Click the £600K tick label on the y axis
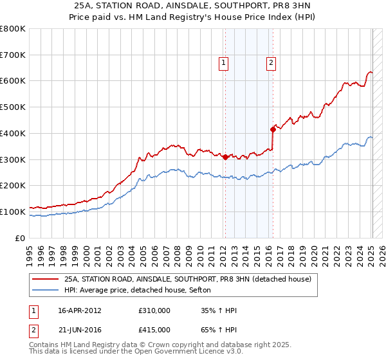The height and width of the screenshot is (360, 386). (x=13, y=81)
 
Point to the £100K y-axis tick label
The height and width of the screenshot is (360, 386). (x=13, y=212)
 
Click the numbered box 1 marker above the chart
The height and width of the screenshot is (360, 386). (x=223, y=62)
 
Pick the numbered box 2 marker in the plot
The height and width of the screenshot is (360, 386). (x=271, y=62)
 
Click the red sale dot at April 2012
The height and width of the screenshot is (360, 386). (x=225, y=157)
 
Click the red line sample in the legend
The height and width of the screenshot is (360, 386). (x=46, y=279)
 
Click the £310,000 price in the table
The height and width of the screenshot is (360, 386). (x=154, y=310)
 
